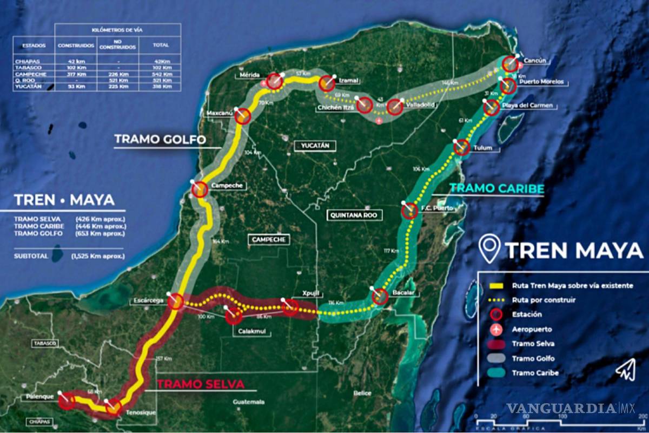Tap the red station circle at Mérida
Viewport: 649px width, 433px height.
click(x=274, y=81)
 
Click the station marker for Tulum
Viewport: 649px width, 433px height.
click(x=461, y=147)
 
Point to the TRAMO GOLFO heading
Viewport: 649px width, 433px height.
click(x=160, y=140)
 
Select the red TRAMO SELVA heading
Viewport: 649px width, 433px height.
click(x=201, y=384)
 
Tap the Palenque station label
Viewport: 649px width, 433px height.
click(x=38, y=397)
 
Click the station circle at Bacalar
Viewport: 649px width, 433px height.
click(x=380, y=297)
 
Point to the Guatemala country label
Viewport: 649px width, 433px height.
click(x=249, y=402)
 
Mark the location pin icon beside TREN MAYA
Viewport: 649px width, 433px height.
click(x=490, y=251)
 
